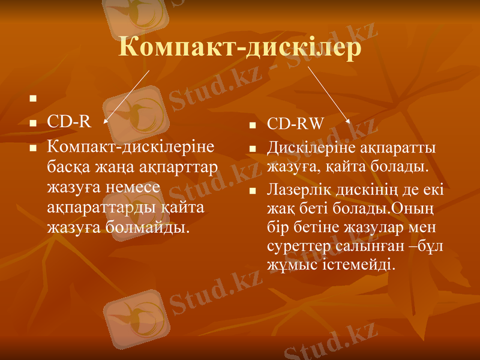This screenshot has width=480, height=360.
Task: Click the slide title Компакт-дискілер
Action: (240, 47)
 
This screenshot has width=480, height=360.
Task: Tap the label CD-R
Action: (69, 122)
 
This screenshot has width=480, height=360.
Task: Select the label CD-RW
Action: (295, 124)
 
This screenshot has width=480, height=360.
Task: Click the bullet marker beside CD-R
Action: (33, 123)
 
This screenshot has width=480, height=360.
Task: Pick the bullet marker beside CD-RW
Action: (253, 125)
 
